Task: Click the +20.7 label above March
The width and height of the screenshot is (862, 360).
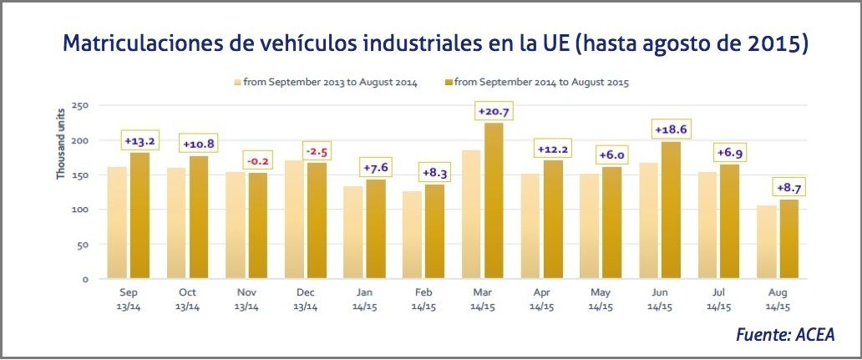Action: coord(494,110)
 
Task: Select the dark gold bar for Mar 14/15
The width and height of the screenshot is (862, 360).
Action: coord(494,200)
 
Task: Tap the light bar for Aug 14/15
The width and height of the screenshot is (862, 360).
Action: coord(766,242)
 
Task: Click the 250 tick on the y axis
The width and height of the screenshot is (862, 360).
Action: coord(81,105)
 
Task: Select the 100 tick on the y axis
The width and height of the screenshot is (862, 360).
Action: coord(81,210)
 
